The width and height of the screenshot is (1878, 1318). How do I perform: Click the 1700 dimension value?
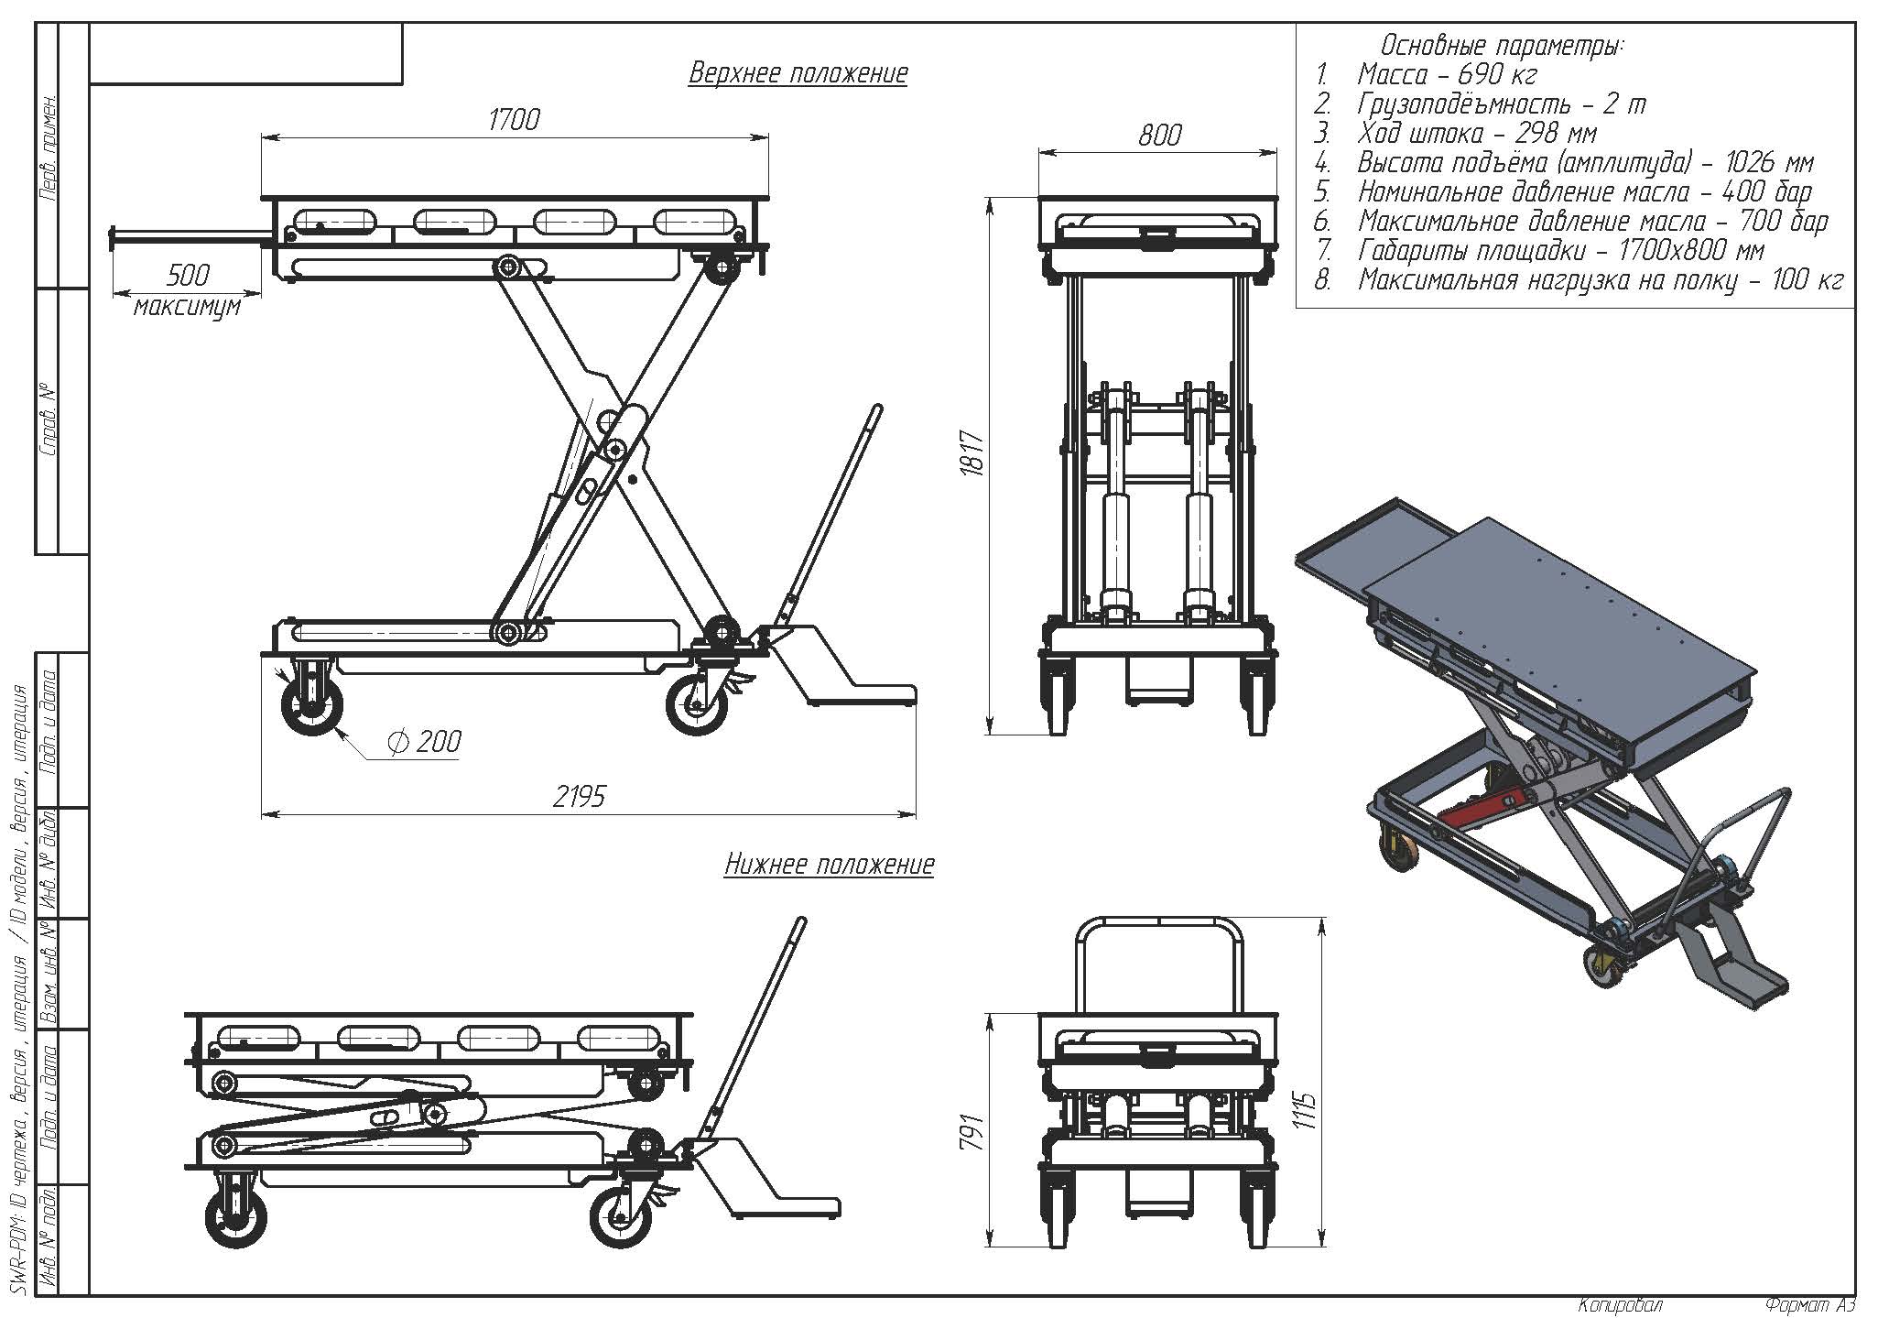514,119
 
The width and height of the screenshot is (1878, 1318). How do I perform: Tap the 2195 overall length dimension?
579,796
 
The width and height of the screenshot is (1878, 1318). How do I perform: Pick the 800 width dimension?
1159,136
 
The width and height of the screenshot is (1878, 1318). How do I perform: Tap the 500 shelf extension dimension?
189,275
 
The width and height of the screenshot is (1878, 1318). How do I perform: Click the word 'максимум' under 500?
188,305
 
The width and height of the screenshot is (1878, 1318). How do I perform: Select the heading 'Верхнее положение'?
798,73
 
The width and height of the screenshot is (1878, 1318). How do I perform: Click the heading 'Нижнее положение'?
829,865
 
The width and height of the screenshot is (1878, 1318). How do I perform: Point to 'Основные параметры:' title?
1502,45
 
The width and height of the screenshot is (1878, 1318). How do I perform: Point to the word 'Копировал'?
1620,1305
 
